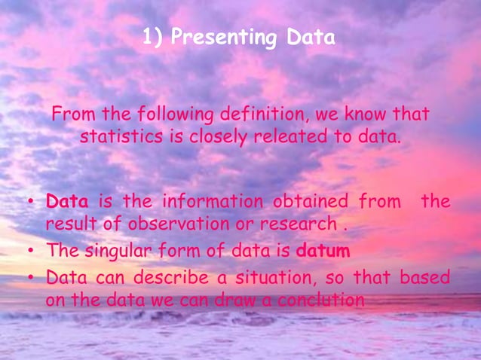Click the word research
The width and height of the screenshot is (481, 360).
[x=305, y=224]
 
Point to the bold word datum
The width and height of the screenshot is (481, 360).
[x=323, y=249]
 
